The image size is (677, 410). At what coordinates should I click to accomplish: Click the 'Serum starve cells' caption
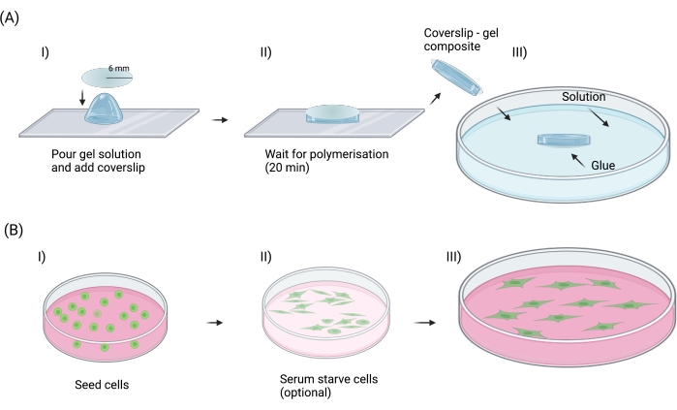(322, 379)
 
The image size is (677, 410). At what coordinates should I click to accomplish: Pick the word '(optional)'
(302, 393)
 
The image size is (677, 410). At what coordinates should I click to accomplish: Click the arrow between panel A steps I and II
(223, 120)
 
